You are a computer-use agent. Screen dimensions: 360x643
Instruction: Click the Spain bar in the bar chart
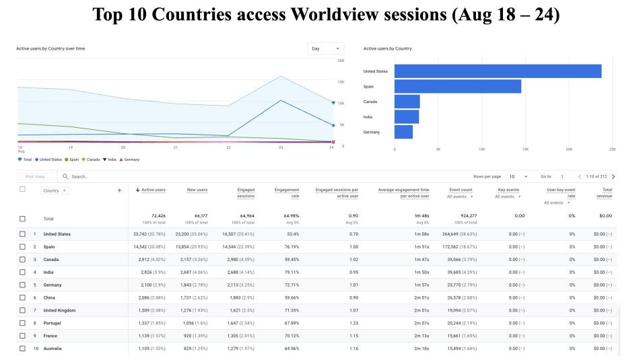(458, 86)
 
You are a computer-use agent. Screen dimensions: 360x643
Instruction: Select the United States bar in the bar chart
(498, 71)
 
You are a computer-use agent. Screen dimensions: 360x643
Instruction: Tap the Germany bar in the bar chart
(403, 132)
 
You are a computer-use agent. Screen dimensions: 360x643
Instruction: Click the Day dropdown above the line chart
(327, 48)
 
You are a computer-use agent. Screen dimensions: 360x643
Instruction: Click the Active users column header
(151, 190)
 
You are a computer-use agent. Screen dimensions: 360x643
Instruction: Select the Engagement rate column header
(287, 193)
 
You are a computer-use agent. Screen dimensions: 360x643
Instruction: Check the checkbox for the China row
(23, 297)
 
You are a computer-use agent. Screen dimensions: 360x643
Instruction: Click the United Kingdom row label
(59, 310)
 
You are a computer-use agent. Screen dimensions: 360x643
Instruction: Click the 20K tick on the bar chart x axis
(569, 149)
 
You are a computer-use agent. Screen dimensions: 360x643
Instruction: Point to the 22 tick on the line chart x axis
(228, 147)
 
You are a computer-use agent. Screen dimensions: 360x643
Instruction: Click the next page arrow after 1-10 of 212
(613, 176)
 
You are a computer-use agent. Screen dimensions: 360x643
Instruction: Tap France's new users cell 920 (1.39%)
(193, 335)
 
